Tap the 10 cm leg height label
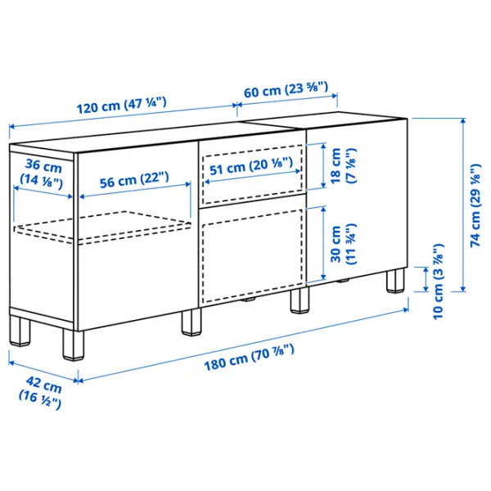[x=438, y=280]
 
